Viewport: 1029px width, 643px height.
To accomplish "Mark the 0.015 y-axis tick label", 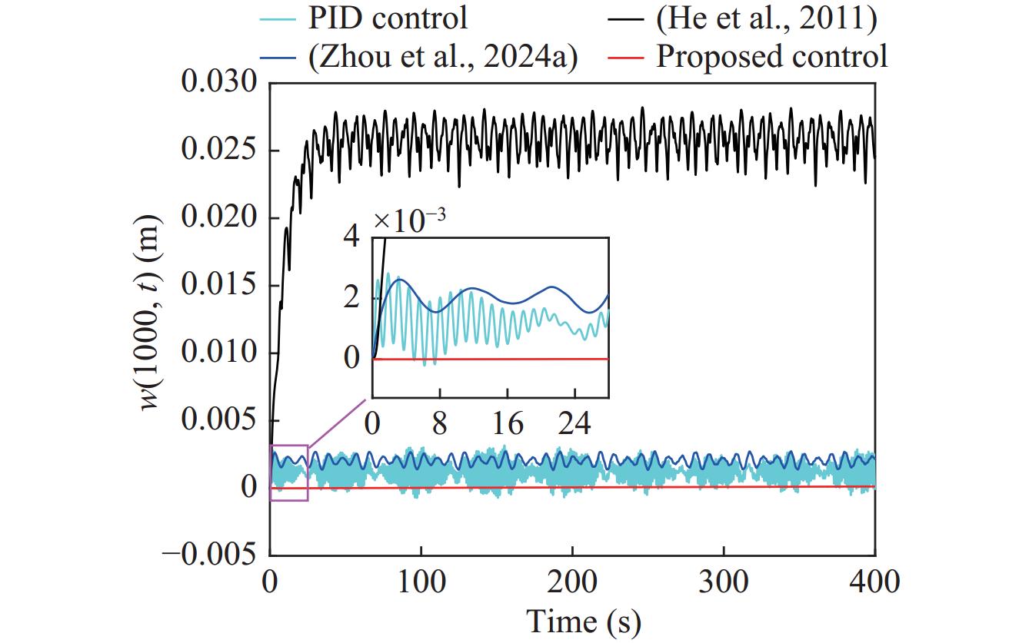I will click(218, 286).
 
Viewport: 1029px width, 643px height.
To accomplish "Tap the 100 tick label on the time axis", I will click(421, 582).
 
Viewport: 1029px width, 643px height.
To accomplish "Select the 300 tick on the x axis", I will click(724, 582).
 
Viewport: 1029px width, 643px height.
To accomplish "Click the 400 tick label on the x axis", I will click(874, 582).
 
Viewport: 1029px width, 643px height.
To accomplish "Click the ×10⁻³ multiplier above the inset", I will click(410, 220).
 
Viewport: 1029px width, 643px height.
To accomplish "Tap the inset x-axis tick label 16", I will click(508, 423).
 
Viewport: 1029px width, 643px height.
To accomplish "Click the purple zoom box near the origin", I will click(289, 472).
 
